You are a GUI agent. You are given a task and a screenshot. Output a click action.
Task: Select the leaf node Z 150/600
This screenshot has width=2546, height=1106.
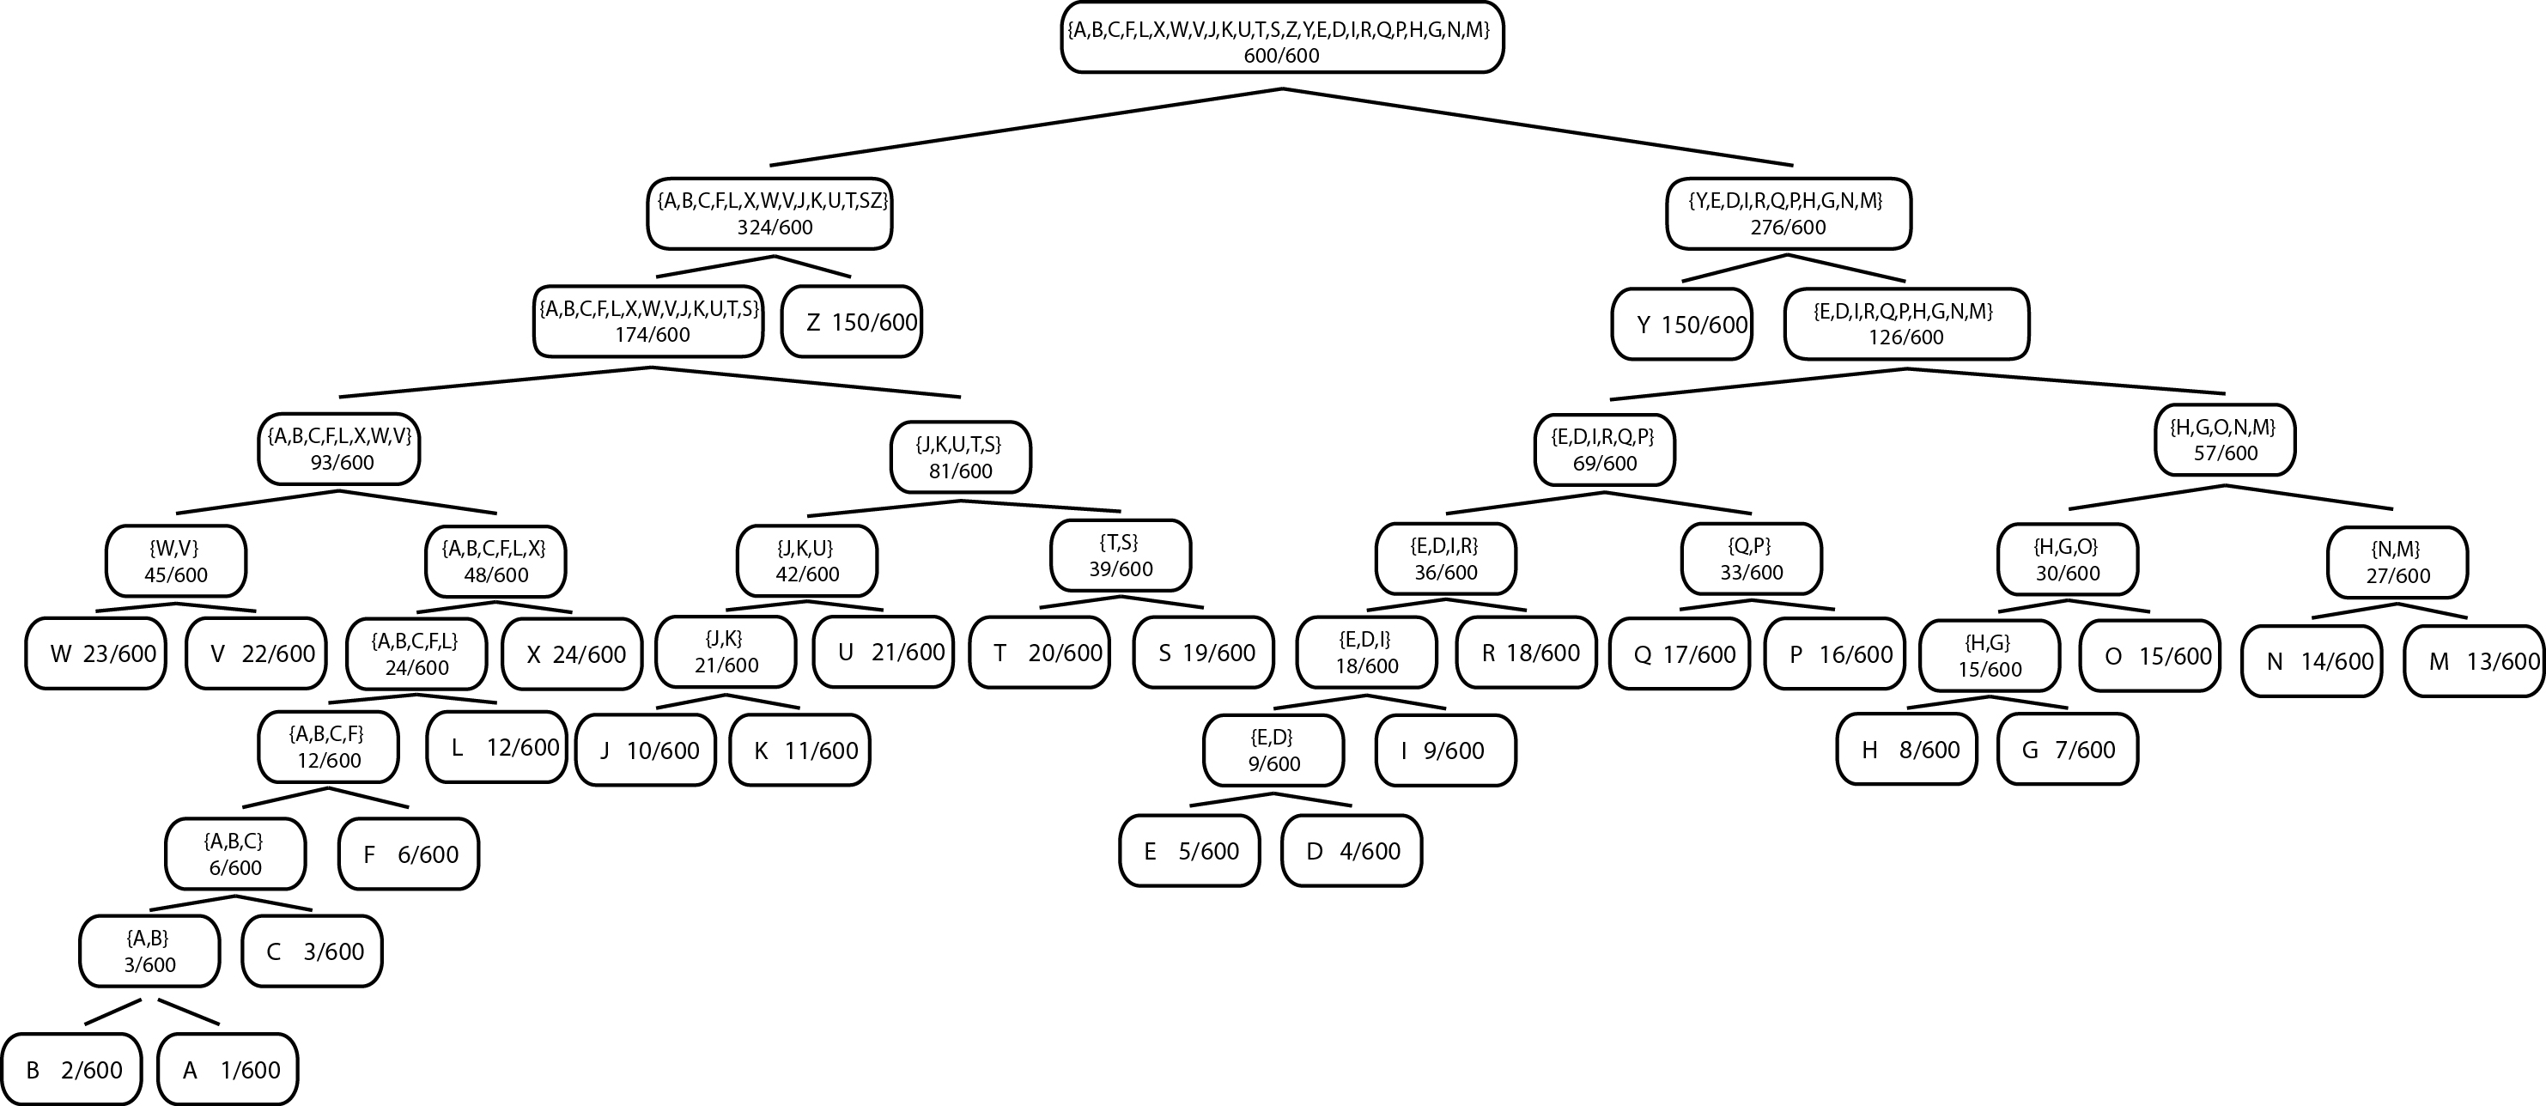[851, 322]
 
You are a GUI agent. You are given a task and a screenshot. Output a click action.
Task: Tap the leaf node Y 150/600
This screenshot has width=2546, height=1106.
[1681, 325]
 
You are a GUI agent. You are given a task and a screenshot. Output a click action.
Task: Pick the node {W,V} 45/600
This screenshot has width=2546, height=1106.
[176, 562]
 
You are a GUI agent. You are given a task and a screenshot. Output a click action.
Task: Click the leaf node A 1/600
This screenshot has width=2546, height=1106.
[228, 1069]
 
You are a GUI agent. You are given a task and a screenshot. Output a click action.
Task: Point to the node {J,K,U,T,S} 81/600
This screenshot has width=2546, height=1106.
[961, 458]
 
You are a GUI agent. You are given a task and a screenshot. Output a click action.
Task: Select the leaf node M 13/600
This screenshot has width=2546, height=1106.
[2474, 661]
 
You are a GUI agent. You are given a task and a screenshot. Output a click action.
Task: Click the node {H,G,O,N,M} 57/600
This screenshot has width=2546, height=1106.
[2225, 440]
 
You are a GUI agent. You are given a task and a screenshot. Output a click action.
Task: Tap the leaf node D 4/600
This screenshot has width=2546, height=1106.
[1351, 851]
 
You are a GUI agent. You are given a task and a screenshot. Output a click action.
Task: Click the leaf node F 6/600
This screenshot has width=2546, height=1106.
[408, 854]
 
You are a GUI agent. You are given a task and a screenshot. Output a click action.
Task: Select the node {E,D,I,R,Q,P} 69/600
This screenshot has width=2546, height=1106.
[1605, 450]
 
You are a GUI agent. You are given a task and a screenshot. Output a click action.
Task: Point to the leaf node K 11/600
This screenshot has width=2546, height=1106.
[800, 750]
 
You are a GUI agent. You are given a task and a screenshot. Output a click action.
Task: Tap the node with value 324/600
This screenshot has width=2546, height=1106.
[770, 214]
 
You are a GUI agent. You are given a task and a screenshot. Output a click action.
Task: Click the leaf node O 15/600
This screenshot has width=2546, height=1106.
[2149, 656]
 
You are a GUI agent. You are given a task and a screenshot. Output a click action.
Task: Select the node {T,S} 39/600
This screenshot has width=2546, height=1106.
[1121, 556]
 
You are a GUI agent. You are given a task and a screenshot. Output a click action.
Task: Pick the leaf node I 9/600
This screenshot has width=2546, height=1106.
[1445, 750]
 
